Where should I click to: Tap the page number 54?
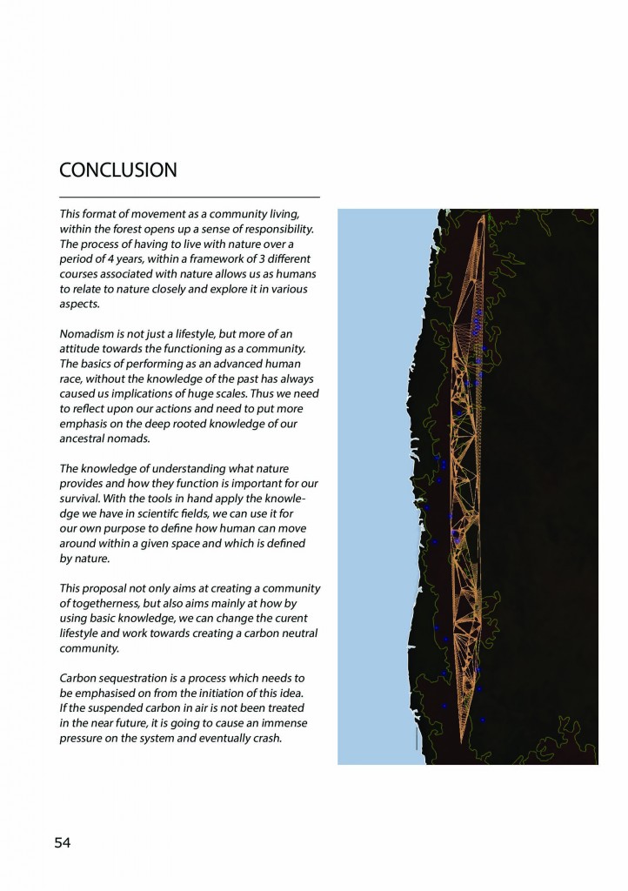(63, 842)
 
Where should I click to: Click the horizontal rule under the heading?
(190, 198)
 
